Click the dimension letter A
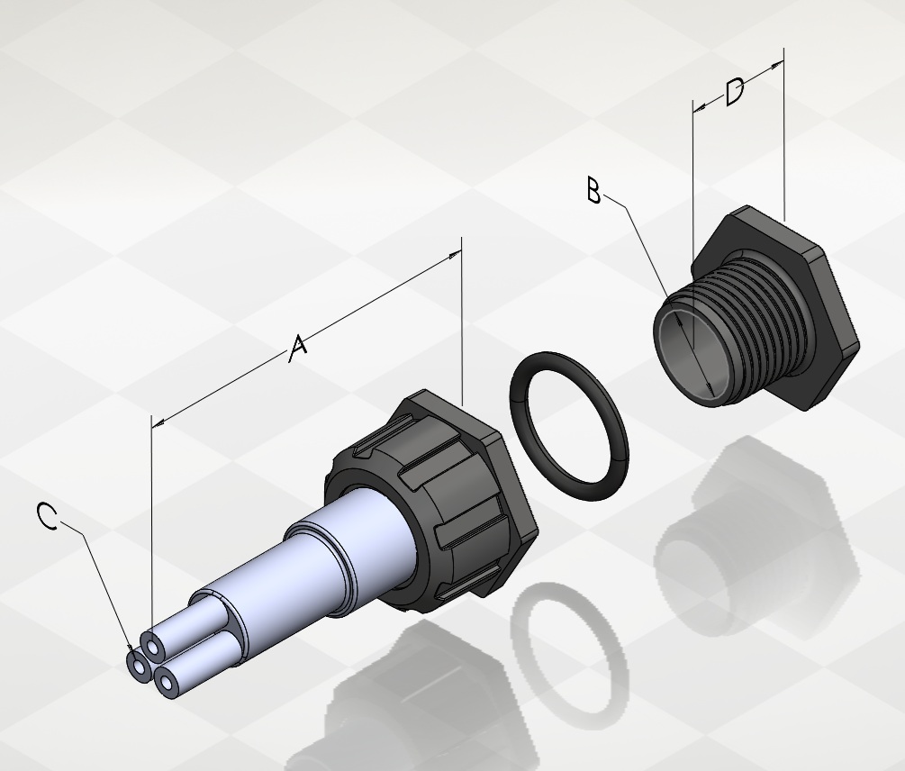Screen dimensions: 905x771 pyautogui.click(x=297, y=349)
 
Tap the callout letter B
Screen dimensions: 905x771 pyautogui.click(x=594, y=190)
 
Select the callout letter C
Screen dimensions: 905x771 pyautogui.click(x=48, y=515)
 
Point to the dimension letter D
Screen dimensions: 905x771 pyautogui.click(x=734, y=93)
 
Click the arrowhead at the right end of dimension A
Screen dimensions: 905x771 pyautogui.click(x=456, y=255)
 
